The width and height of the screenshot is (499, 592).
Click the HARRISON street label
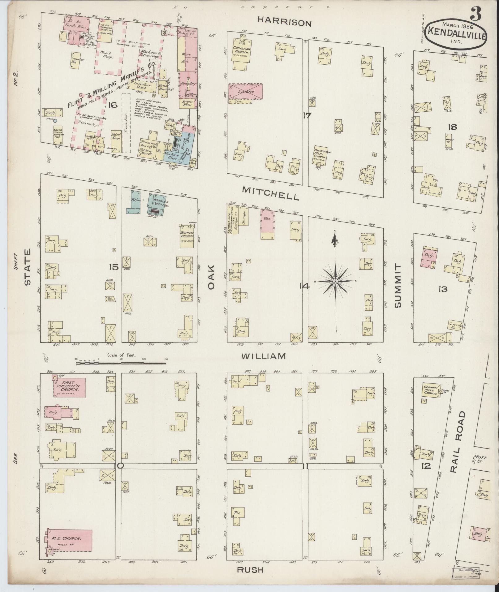285,22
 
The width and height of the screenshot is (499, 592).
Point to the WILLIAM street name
264,356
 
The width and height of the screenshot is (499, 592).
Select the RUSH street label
250,570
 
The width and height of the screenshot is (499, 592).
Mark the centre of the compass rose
335,281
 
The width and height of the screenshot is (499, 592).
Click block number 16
113,105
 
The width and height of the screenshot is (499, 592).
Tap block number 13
443,289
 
